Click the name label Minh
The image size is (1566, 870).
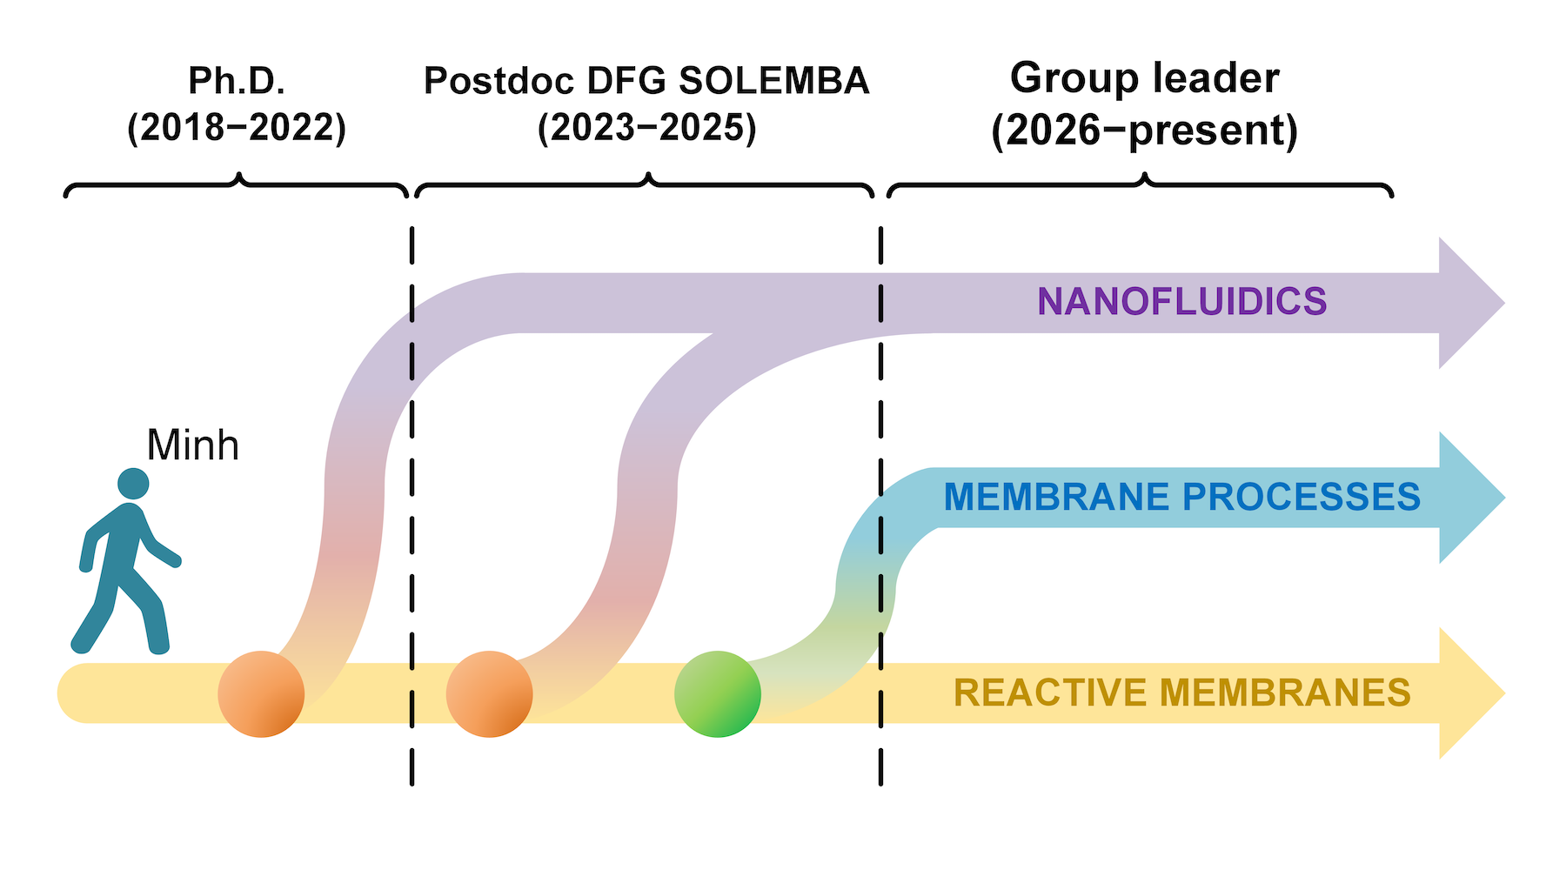(192, 445)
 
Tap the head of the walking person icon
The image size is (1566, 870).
(133, 484)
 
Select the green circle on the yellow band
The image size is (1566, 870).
(718, 694)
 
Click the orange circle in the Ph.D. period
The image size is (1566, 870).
(261, 694)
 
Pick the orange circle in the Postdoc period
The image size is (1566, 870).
(489, 694)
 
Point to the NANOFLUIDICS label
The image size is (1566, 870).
(1181, 302)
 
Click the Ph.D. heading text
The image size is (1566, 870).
(237, 81)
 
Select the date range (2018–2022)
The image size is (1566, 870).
(237, 129)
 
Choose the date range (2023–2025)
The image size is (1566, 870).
(646, 129)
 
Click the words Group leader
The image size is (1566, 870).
(1144, 78)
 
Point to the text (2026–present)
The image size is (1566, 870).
(1144, 130)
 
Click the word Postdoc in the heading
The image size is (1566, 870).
(499, 81)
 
